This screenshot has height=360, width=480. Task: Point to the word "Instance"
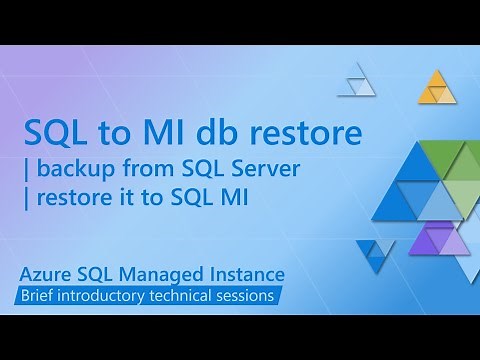pyautogui.click(x=246, y=273)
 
